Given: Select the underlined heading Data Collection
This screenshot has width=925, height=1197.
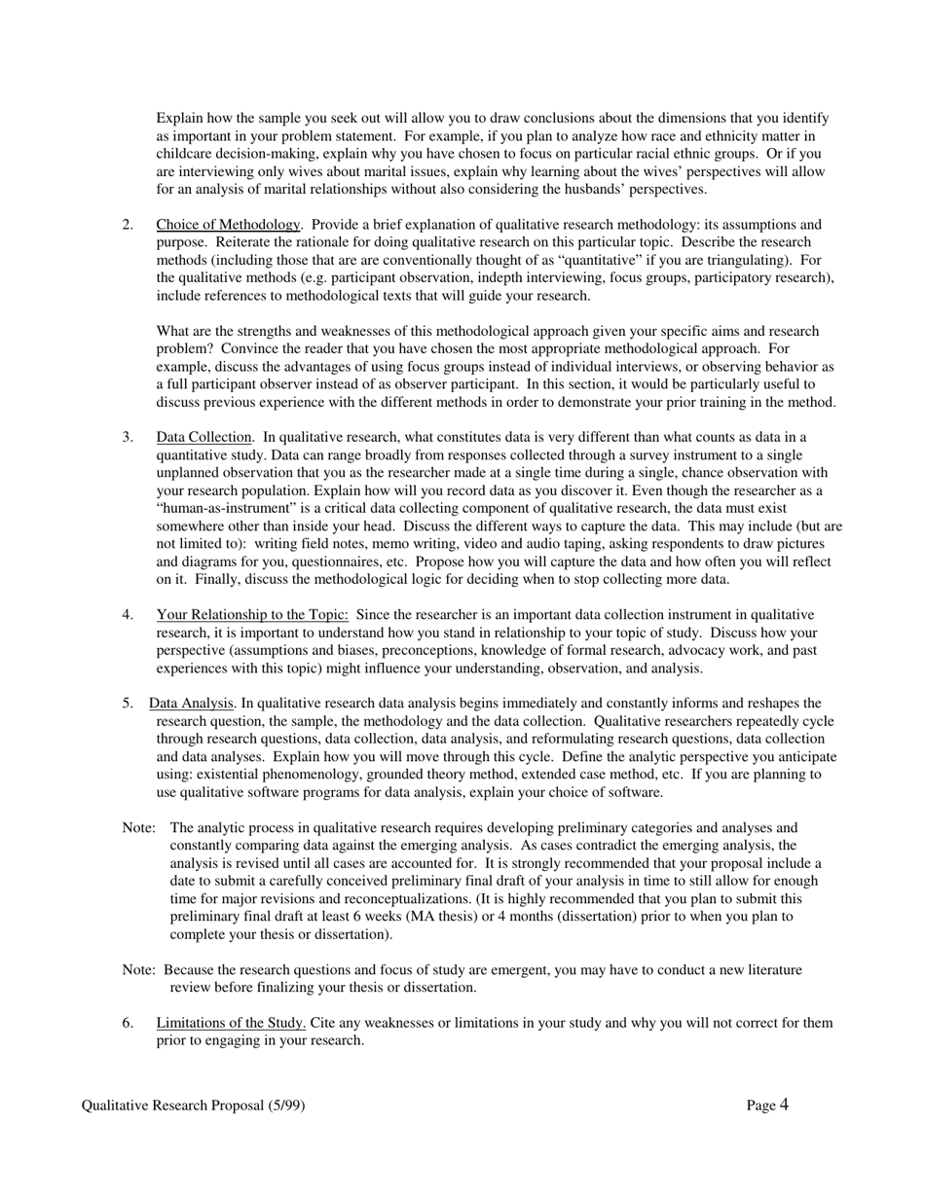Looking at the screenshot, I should pos(203,437).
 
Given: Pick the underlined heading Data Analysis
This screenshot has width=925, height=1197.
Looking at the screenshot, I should pos(192,704).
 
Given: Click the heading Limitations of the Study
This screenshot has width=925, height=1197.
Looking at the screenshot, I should pos(231,1023).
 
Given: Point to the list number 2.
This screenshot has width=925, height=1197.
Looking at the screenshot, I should pos(128,225).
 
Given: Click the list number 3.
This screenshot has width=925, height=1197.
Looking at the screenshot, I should pos(128,437).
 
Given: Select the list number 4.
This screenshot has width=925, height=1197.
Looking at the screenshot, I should pos(128,615).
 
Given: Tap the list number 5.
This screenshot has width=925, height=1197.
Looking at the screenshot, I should pos(128,704).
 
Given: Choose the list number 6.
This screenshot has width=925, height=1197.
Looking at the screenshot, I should pos(128,1023).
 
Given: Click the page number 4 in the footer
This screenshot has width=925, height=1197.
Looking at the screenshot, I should pos(784,1105).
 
